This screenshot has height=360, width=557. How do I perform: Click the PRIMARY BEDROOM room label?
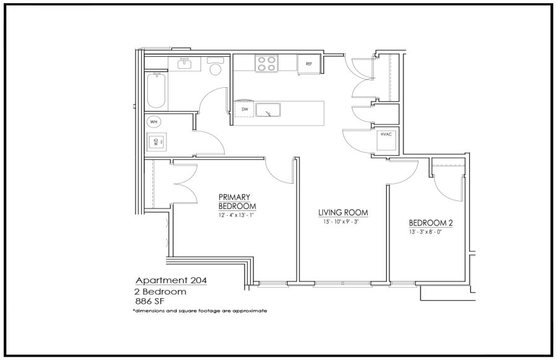pyautogui.click(x=237, y=201)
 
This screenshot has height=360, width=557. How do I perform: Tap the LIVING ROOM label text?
pyautogui.click(x=343, y=213)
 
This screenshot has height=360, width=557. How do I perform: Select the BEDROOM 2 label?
pyautogui.click(x=431, y=223)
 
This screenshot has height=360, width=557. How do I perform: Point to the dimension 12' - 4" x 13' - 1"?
pyautogui.click(x=236, y=215)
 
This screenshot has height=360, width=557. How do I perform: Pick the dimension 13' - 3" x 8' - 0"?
pyautogui.click(x=425, y=233)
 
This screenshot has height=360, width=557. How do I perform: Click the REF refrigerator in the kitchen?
pyautogui.click(x=309, y=64)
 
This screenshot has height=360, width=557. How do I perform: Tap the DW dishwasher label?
pyautogui.click(x=244, y=109)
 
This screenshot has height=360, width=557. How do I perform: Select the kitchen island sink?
pyautogui.click(x=268, y=109)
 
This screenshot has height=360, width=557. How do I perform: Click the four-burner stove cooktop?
pyautogui.click(x=266, y=64)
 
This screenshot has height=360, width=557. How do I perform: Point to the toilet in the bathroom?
pyautogui.click(x=215, y=66)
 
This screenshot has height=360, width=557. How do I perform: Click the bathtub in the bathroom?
pyautogui.click(x=156, y=90)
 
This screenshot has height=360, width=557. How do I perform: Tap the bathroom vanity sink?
pyautogui.click(x=184, y=64)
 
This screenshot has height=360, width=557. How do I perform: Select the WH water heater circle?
pyautogui.click(x=153, y=122)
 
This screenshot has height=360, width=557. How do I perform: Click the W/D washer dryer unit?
pyautogui.click(x=157, y=142)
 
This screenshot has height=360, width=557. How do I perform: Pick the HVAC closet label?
pyautogui.click(x=386, y=135)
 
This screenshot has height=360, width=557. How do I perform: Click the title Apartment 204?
pyautogui.click(x=171, y=280)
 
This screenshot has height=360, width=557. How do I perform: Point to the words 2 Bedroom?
pyautogui.click(x=160, y=292)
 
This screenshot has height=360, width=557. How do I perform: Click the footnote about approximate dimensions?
pyautogui.click(x=200, y=311)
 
